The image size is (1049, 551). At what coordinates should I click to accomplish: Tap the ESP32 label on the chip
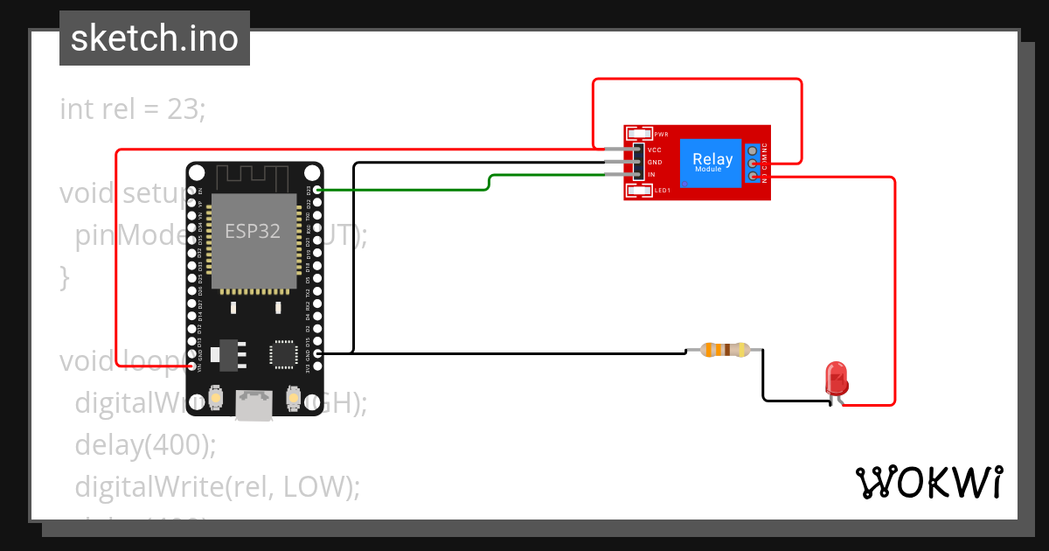coord(253,231)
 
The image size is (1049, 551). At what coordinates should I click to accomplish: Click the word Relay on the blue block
coord(712,159)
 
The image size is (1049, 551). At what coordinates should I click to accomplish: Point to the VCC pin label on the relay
coord(654,150)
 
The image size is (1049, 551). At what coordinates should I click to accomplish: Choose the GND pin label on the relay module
coord(654,162)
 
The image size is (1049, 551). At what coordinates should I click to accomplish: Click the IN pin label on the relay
coord(651,174)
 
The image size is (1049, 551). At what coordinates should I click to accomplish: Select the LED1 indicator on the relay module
coord(641,190)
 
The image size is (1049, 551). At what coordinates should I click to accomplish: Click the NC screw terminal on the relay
coord(753,150)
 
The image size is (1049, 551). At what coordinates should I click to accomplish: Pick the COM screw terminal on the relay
coord(753,164)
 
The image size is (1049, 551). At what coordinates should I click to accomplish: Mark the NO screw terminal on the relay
coord(753,178)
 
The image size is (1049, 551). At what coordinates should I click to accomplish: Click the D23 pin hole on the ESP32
coord(317,190)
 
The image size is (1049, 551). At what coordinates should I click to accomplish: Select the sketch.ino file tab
coord(155,38)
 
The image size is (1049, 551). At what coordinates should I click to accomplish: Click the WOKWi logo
coord(928,482)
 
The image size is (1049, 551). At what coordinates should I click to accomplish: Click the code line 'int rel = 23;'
coord(132,109)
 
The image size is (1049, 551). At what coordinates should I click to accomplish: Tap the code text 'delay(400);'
coord(144,444)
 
